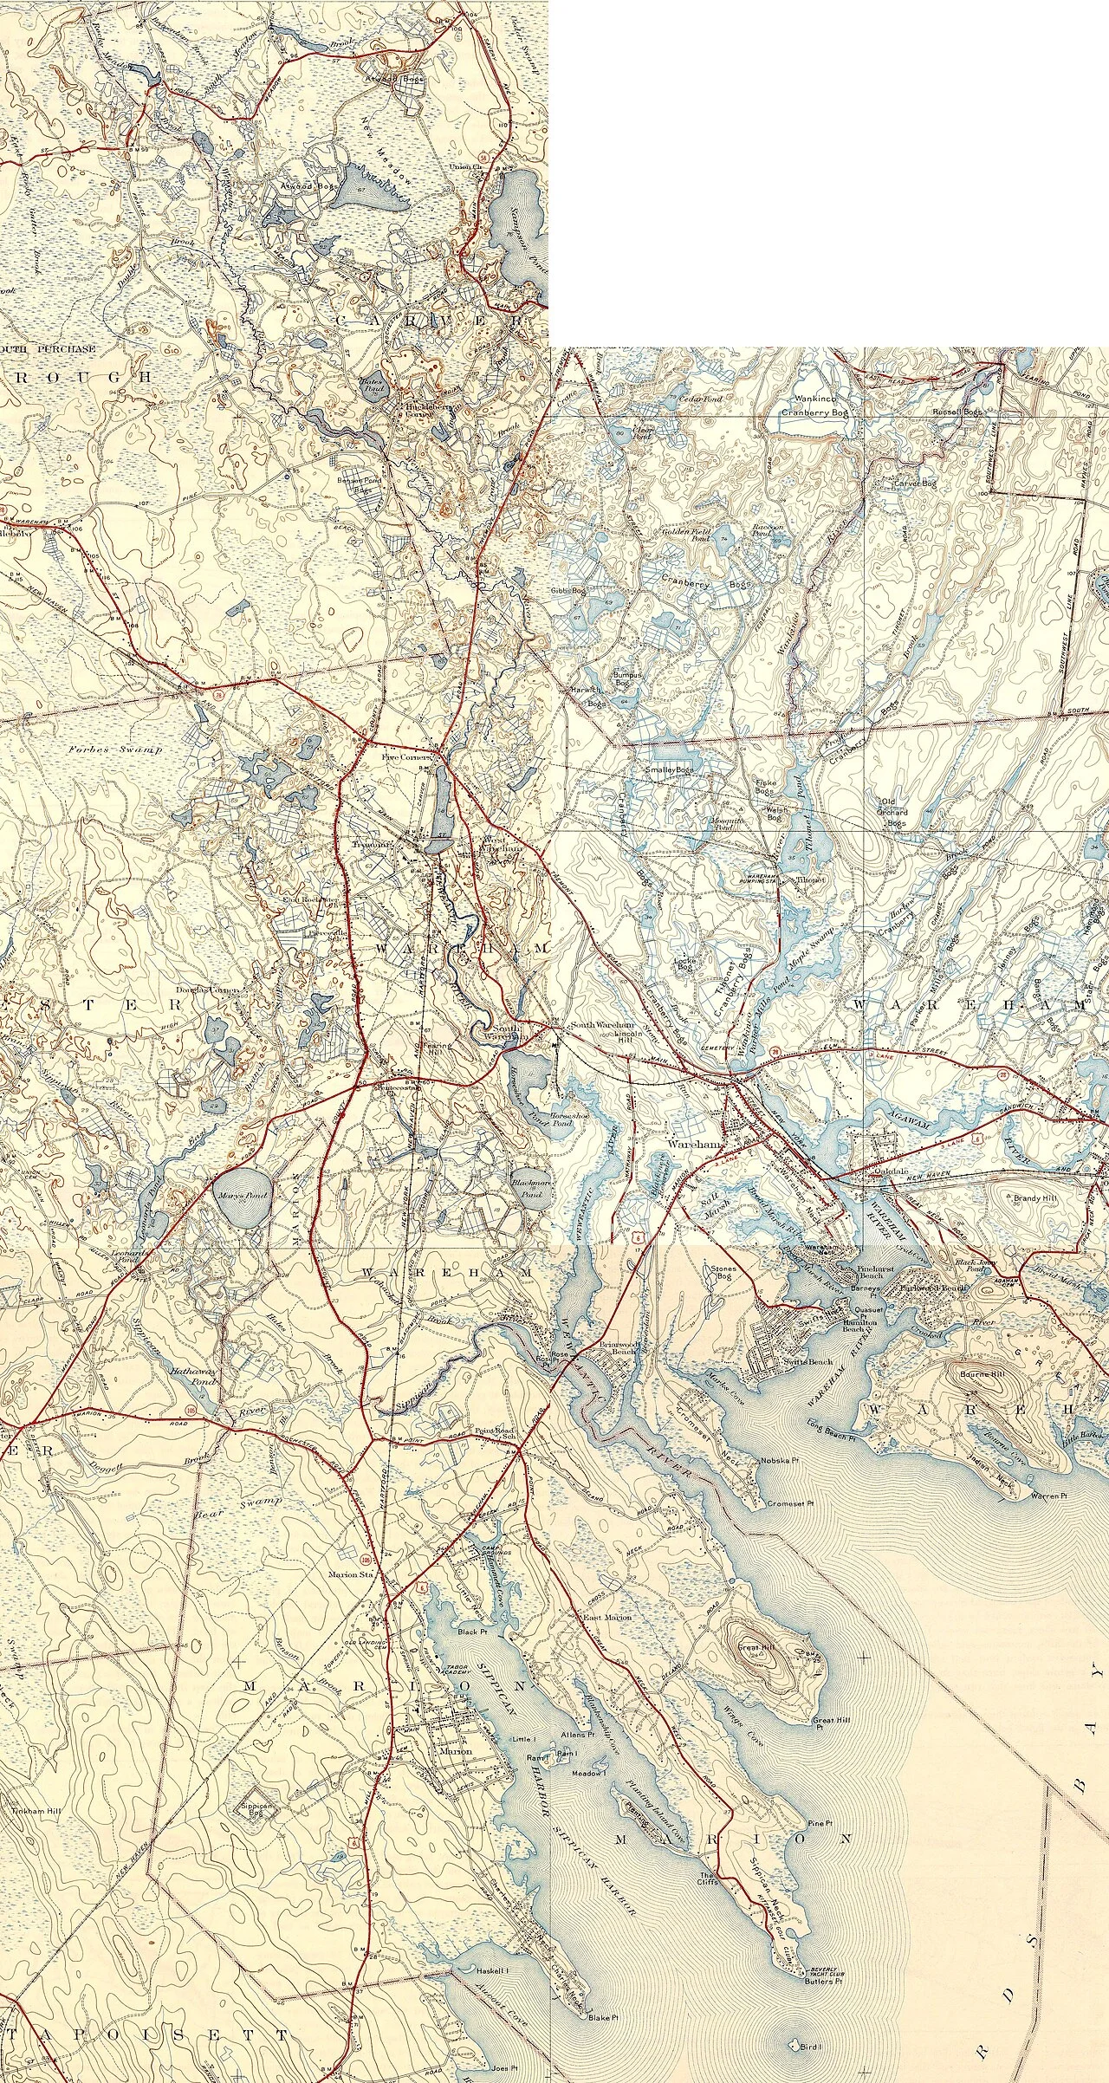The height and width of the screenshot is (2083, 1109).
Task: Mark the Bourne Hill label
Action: click(x=980, y=1374)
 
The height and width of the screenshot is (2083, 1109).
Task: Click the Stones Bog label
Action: click(x=723, y=1273)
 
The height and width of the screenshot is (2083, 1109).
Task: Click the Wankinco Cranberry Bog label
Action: click(x=814, y=406)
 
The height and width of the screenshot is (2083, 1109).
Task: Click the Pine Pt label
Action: click(x=819, y=1817)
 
